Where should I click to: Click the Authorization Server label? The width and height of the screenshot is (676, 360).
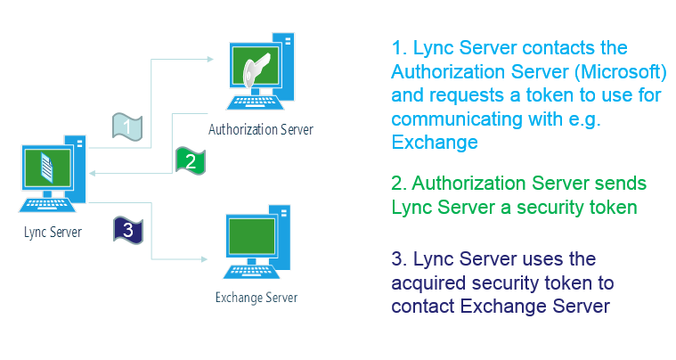[260, 130]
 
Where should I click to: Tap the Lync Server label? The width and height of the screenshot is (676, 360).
[53, 233]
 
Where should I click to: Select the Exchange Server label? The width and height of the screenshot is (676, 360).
[257, 298]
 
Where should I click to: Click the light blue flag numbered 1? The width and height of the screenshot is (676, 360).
[127, 127]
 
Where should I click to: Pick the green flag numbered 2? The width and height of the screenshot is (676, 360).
[189, 160]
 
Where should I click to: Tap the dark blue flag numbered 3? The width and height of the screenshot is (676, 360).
[127, 230]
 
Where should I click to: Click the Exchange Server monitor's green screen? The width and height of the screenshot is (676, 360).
[255, 237]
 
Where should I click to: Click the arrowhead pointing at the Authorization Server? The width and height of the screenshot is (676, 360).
[209, 59]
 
